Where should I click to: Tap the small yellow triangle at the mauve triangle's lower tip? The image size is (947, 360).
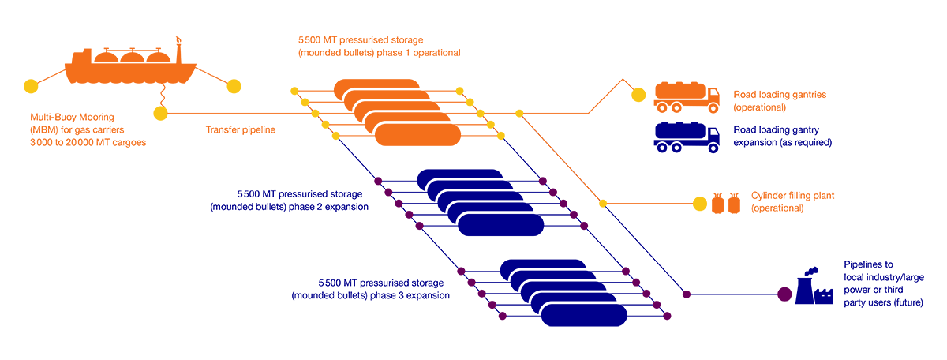click(597, 212)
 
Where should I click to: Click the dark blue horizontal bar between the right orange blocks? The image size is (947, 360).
click(750, 142)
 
